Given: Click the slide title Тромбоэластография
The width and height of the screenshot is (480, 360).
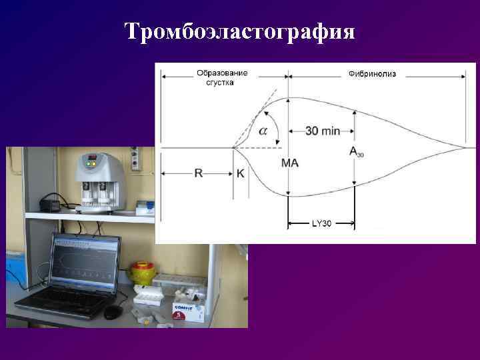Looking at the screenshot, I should (240, 31).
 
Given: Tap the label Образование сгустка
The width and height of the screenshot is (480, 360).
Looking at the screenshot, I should (222, 77).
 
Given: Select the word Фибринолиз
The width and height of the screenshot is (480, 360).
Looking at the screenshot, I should (371, 73).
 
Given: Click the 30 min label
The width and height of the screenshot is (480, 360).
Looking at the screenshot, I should (323, 131).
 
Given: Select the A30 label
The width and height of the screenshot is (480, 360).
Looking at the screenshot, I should (357, 152).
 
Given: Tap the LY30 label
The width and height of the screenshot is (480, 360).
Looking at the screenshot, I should (321, 224).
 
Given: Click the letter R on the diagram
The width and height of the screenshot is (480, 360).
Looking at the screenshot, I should (198, 173).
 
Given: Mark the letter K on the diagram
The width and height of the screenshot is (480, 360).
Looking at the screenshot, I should (240, 173).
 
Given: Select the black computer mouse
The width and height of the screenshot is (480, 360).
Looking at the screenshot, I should (113, 311).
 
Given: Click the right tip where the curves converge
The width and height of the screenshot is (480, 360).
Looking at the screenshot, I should (465, 147).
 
